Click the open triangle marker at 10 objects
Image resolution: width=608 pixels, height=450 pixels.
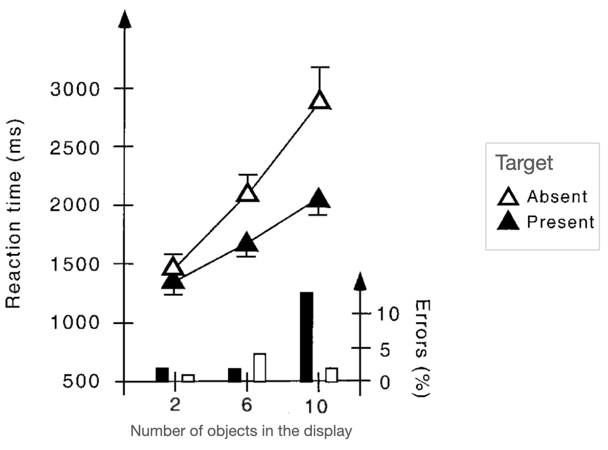(320, 100)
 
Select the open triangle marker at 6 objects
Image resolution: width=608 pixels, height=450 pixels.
(247, 192)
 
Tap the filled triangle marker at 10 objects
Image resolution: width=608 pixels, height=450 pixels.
(319, 199)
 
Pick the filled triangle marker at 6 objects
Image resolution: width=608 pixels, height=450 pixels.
(247, 243)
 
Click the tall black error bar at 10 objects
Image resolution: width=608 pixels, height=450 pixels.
(306, 337)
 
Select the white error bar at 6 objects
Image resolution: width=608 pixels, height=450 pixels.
(260, 367)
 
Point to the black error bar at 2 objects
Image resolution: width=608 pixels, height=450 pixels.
(162, 374)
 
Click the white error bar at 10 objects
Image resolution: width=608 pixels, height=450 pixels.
(332, 375)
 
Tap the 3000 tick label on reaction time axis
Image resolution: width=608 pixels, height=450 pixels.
(75, 89)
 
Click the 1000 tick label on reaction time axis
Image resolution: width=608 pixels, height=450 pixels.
(75, 323)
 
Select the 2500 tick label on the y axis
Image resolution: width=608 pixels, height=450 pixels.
(75, 147)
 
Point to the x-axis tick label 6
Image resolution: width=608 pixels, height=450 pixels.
(247, 405)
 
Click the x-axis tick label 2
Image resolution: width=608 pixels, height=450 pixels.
(175, 405)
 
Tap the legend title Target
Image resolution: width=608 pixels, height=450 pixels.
(524, 163)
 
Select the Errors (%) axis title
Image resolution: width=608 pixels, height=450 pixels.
(422, 348)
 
